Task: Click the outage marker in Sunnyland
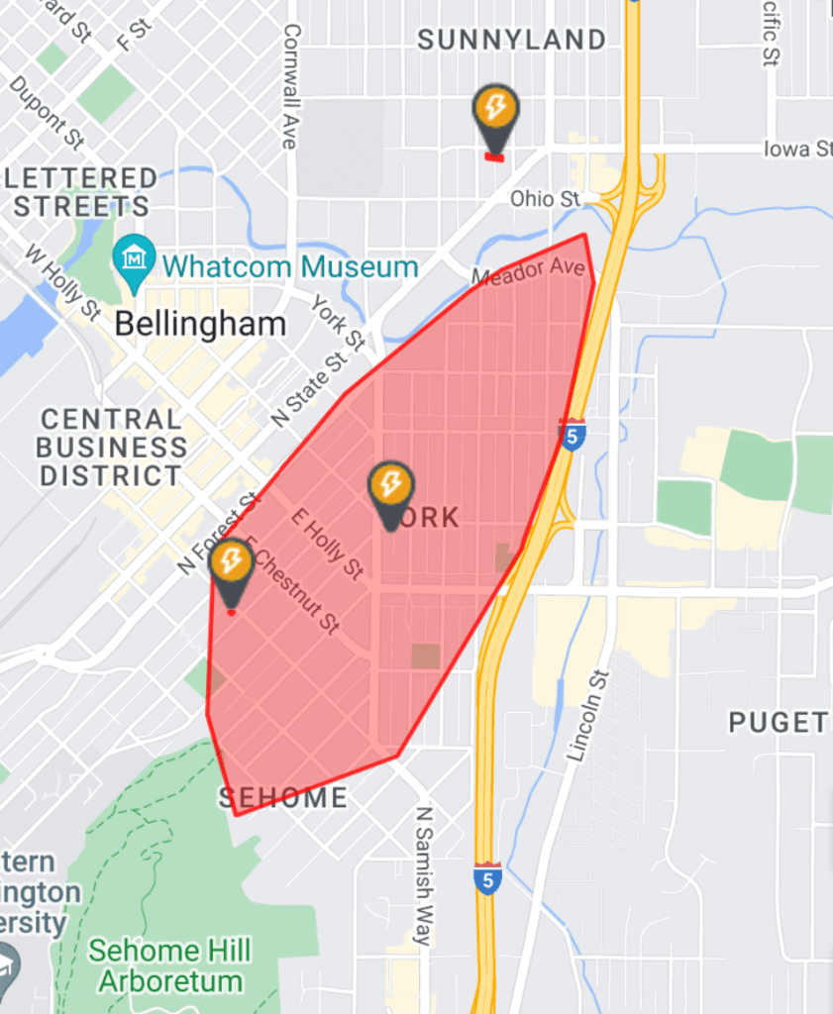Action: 495,110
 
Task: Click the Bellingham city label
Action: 200,323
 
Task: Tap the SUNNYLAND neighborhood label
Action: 511,41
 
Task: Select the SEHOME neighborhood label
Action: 282,797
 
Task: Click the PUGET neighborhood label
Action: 779,723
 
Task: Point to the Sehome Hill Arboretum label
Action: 169,966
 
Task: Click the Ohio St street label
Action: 545,199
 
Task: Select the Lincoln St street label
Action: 590,714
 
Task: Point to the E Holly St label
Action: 327,544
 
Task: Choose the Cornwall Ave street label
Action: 290,85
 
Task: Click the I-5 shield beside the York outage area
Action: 572,436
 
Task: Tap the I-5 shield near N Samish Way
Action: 487,878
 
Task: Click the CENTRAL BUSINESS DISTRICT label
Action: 111,448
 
